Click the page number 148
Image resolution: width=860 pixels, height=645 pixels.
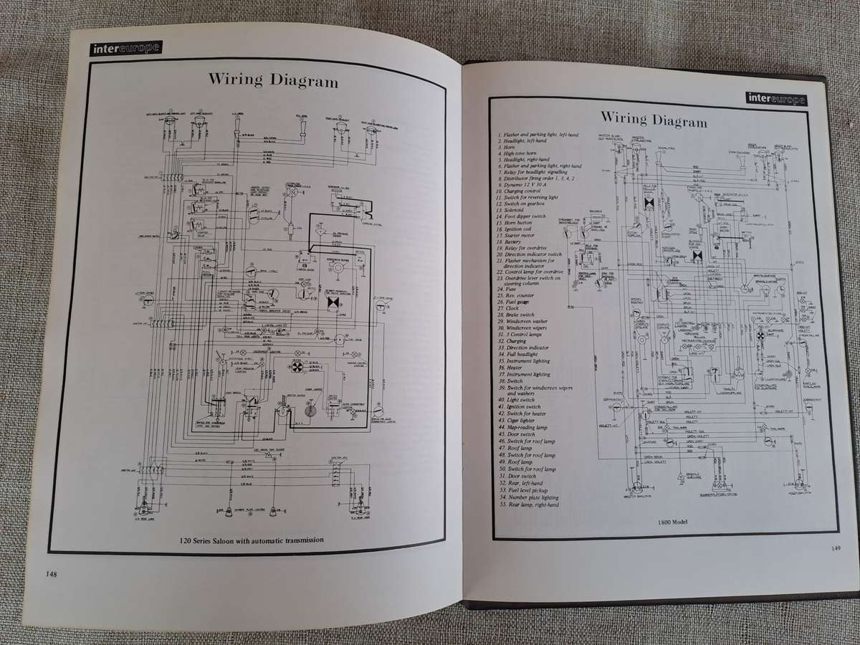click(49, 573)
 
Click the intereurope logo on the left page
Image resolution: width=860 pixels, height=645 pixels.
click(126, 49)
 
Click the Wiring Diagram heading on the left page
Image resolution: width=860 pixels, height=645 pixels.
click(273, 80)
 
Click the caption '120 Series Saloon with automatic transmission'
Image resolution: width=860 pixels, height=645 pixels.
click(252, 539)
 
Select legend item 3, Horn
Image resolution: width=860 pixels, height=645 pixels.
click(510, 148)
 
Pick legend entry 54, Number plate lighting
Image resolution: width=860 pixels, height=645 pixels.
click(533, 497)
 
